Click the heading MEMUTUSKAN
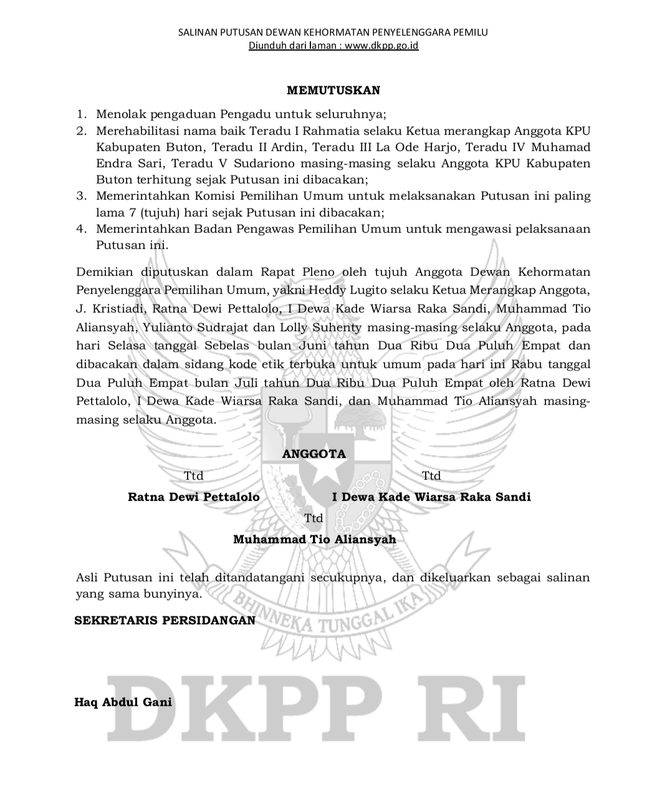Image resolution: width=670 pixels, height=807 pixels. (333, 90)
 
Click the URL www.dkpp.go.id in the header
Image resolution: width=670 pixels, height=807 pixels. (381, 46)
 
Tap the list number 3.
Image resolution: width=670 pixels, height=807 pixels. (81, 196)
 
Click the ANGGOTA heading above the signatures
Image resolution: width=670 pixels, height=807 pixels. (313, 454)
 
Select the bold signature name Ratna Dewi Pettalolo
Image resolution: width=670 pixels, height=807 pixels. (194, 497)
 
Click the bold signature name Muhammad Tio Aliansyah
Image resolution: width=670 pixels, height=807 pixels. (314, 539)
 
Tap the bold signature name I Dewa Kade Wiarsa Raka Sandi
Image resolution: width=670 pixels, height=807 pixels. (431, 497)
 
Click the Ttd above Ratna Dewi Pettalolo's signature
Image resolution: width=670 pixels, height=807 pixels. (194, 476)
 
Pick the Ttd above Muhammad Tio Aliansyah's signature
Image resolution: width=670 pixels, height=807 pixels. (313, 518)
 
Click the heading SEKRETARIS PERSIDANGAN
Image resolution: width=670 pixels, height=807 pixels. (165, 621)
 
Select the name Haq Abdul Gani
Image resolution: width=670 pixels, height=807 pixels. (123, 702)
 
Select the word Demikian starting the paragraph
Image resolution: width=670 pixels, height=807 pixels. (104, 272)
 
